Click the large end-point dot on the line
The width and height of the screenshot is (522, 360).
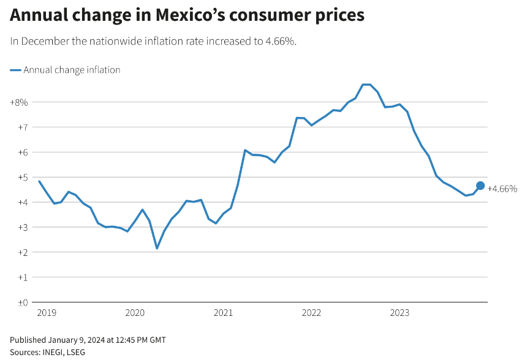pyautogui.click(x=480, y=186)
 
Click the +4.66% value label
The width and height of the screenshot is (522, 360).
pyautogui.click(x=502, y=189)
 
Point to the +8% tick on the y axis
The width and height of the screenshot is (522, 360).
pyautogui.click(x=19, y=102)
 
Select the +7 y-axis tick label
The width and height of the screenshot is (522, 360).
pyautogui.click(x=21, y=127)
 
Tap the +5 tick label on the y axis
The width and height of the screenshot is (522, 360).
pyautogui.click(x=21, y=178)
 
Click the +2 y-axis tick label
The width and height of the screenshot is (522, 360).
pyautogui.click(x=21, y=252)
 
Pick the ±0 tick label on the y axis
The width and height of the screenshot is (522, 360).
pyautogui.click(x=21, y=302)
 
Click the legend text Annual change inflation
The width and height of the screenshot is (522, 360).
pyautogui.click(x=72, y=70)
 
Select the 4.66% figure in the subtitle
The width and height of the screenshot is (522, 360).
pyautogui.click(x=280, y=41)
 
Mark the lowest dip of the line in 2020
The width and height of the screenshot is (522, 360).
pyautogui.click(x=157, y=248)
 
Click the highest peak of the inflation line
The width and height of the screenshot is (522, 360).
pyautogui.click(x=366, y=84)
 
